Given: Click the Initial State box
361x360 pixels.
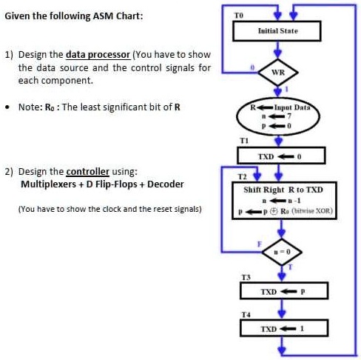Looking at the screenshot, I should pyautogui.click(x=277, y=31).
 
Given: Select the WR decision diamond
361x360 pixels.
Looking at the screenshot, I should pyautogui.click(x=278, y=72).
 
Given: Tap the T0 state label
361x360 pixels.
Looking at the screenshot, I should pyautogui.click(x=237, y=15).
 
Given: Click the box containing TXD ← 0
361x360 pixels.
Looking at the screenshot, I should pyautogui.click(x=277, y=156).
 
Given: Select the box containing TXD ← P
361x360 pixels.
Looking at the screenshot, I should pyautogui.click(x=277, y=292).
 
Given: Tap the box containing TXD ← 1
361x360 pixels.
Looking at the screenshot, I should pyautogui.click(x=277, y=328).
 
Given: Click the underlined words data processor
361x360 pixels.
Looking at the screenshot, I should pyautogui.click(x=98, y=55).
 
